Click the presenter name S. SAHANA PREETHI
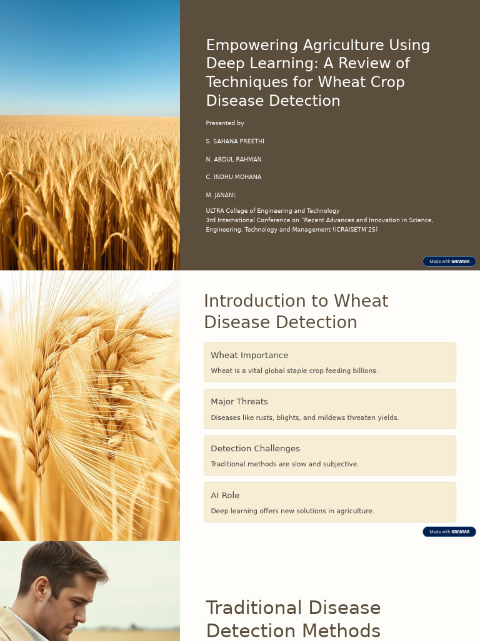(235, 141)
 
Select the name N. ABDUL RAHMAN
(234, 160)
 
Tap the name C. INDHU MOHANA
(234, 177)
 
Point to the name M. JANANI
(221, 195)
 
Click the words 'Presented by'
(225, 123)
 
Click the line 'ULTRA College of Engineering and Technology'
(272, 211)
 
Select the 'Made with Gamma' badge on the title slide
(449, 262)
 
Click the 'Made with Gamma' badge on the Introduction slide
(449, 532)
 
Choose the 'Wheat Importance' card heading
(249, 356)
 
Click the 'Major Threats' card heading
(239, 402)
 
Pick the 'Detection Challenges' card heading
(255, 449)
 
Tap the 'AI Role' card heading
(225, 496)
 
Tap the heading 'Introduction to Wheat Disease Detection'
(296, 311)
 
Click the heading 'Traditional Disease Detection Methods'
(293, 618)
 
